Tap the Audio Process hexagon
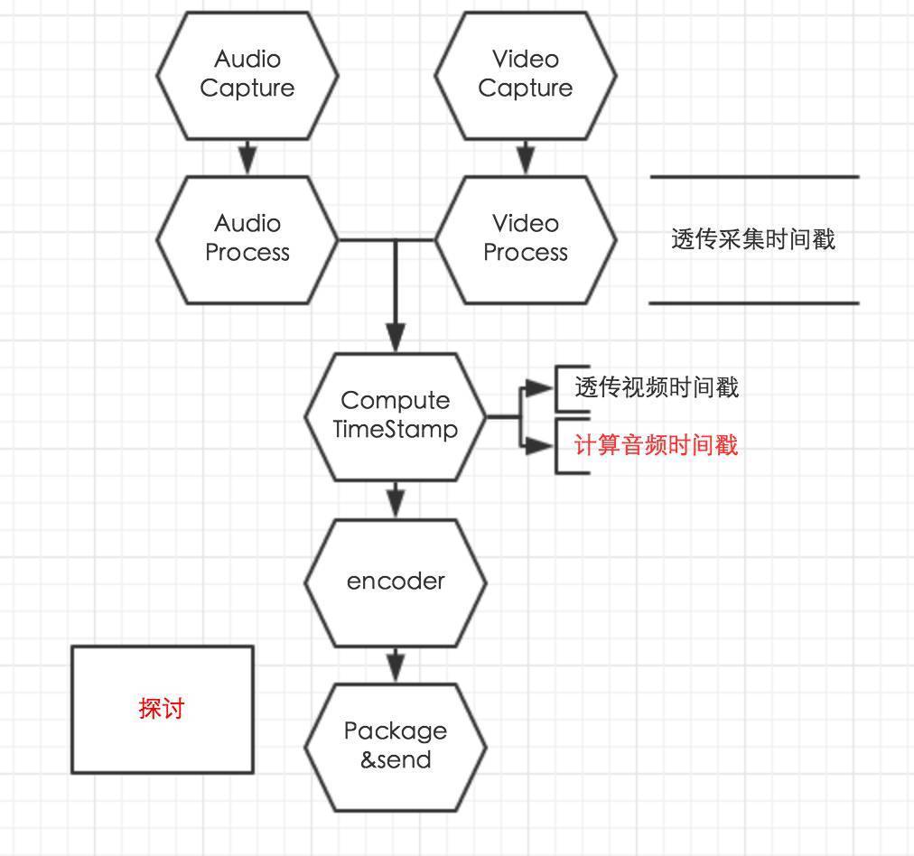tap(247, 238)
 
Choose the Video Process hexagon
tap(526, 238)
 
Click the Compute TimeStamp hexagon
tap(396, 415)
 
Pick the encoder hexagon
tap(396, 582)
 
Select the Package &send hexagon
tap(396, 746)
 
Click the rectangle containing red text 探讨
tap(163, 709)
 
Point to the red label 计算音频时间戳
tap(657, 445)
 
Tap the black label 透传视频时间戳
tap(657, 387)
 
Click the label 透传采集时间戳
tap(753, 239)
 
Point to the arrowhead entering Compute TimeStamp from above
tap(396, 340)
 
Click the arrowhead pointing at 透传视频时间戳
tap(539, 388)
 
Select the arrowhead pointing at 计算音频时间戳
tap(539, 445)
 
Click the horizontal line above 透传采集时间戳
tap(753, 177)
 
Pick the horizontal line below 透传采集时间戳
tap(753, 303)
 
